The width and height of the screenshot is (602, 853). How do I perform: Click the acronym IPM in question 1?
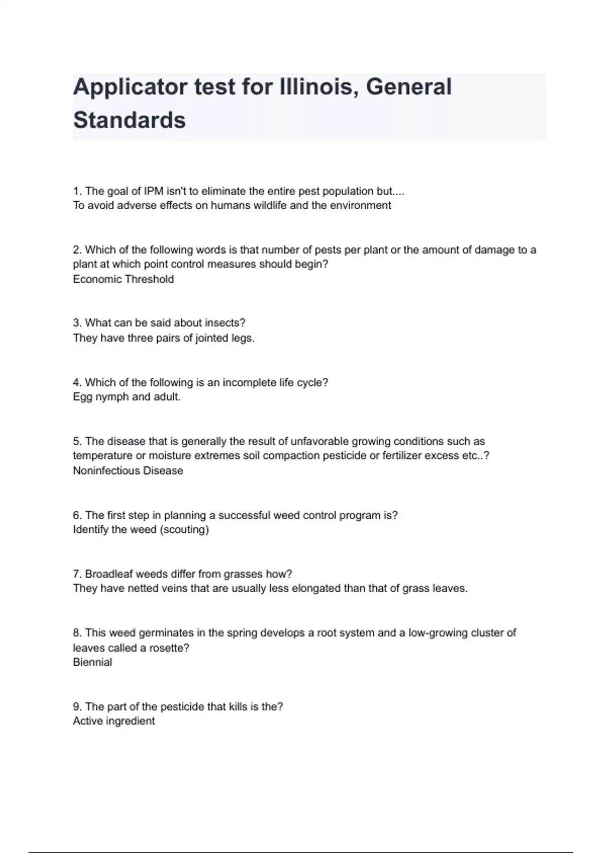(x=154, y=191)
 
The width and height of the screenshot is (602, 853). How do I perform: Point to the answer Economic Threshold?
(x=123, y=279)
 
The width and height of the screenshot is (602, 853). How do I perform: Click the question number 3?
(x=77, y=323)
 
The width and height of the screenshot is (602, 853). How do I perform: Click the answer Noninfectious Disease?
(x=128, y=471)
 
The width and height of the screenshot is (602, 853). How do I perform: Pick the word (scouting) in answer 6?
(x=184, y=529)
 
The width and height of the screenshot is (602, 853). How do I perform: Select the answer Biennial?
(x=92, y=662)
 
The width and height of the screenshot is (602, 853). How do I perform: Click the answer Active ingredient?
(x=114, y=721)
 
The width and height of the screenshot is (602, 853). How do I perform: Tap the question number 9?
(x=77, y=706)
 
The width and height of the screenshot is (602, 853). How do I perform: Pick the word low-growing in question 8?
(x=440, y=633)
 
